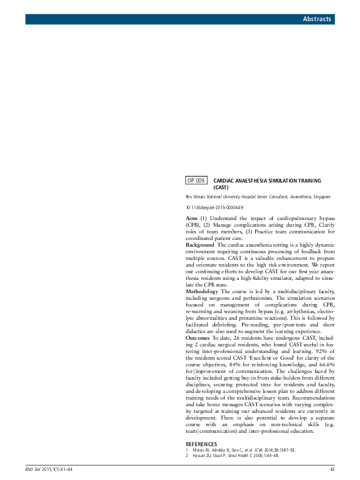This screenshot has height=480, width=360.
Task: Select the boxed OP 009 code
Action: (196, 180)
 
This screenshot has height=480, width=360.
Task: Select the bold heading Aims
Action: (192, 217)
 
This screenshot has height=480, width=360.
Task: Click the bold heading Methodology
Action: (203, 291)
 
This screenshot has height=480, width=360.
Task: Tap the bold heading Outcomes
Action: (198, 339)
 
